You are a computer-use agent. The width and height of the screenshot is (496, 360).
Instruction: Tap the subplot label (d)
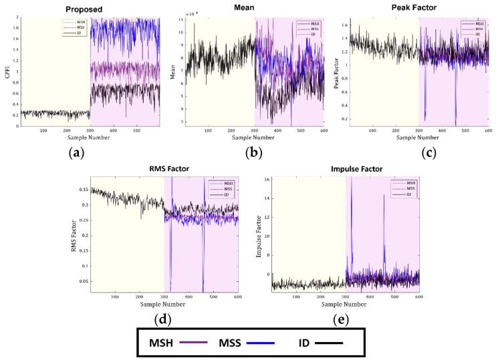(162, 319)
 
